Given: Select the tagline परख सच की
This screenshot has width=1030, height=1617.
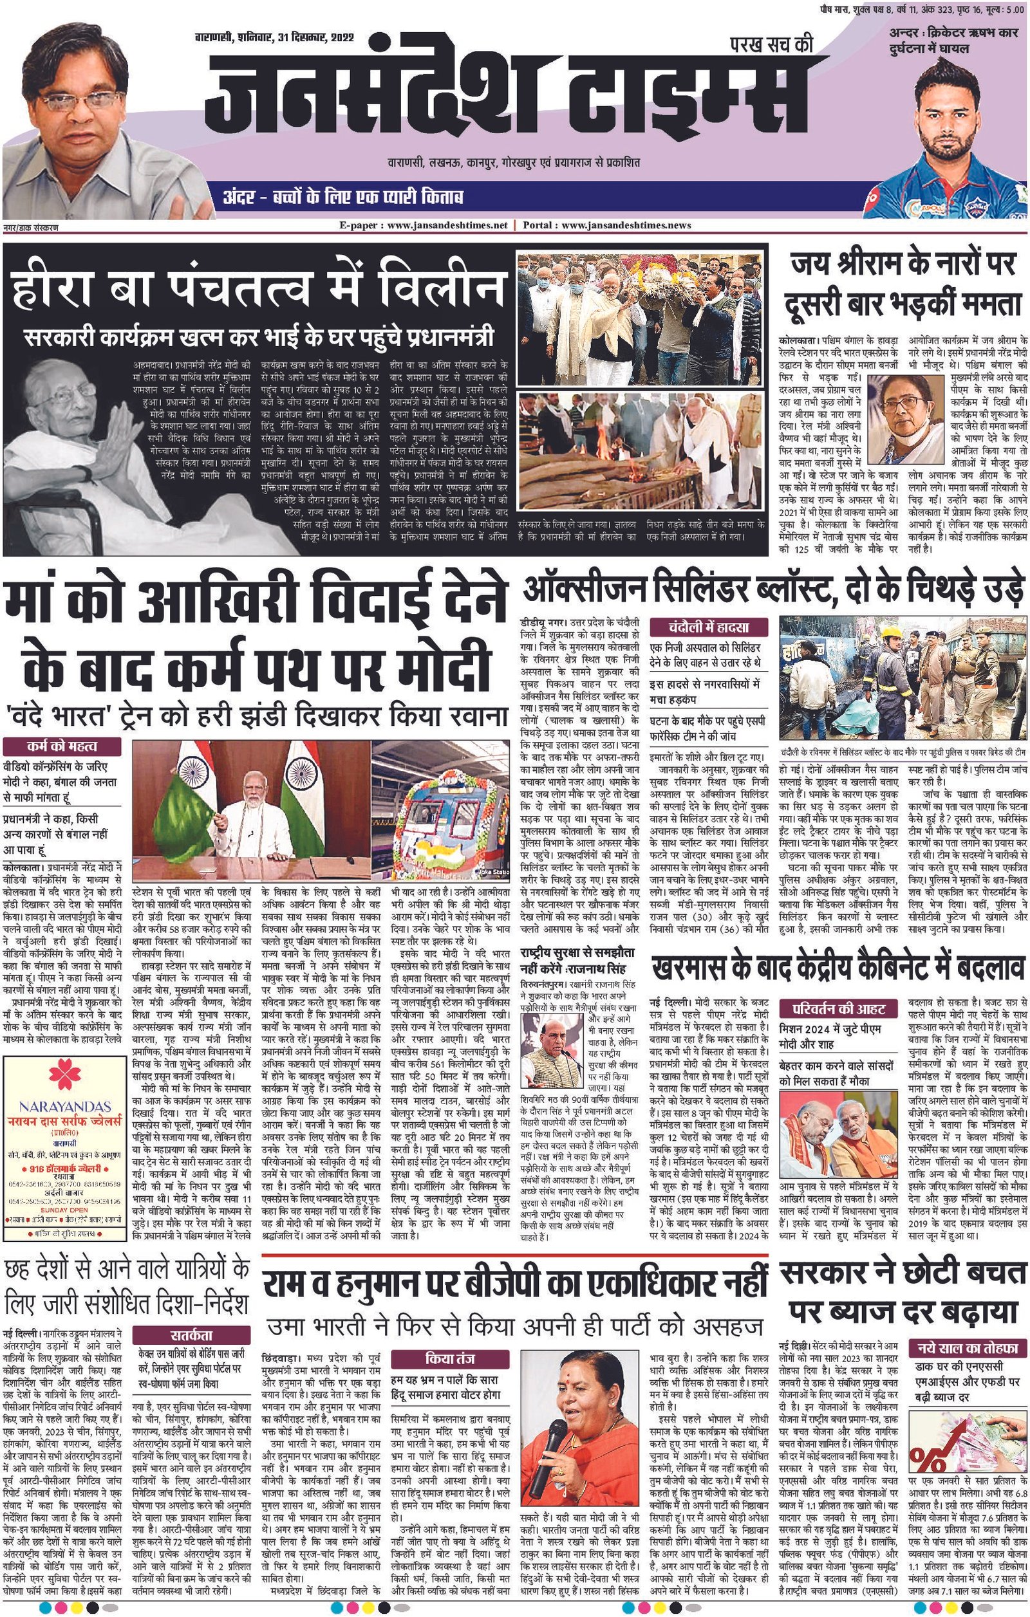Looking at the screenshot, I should click(771, 45).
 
